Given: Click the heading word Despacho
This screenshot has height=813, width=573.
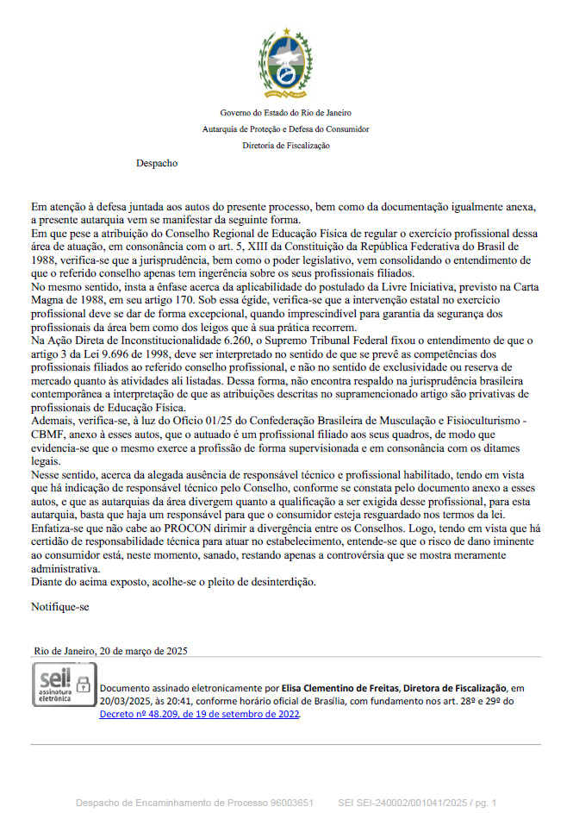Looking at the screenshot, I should click(x=156, y=162).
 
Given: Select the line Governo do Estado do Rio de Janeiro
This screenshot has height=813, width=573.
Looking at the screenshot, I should click(x=286, y=112).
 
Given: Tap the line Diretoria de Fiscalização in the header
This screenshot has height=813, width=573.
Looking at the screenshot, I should click(x=286, y=146).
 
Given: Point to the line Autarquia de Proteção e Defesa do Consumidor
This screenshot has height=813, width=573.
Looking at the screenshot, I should click(x=286, y=129).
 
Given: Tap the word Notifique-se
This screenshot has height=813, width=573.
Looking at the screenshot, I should click(x=59, y=606).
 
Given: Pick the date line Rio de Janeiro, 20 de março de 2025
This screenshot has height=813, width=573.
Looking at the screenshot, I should click(x=110, y=650).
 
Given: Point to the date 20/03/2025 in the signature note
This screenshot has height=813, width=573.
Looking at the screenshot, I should click(x=121, y=701).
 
